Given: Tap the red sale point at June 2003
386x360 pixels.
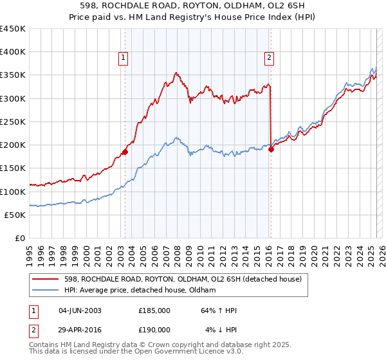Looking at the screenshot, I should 125,152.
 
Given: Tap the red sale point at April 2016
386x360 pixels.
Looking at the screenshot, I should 271,150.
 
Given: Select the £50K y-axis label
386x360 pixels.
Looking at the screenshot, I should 15,215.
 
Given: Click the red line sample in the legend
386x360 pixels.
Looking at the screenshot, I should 46,278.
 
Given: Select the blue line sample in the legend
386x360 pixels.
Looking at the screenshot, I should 46,290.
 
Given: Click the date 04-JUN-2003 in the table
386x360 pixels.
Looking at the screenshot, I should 80,310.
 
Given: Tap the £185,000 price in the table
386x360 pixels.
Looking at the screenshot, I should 154,310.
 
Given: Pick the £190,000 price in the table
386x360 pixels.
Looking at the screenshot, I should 154,329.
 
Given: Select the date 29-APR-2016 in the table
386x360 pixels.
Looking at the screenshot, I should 80,329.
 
